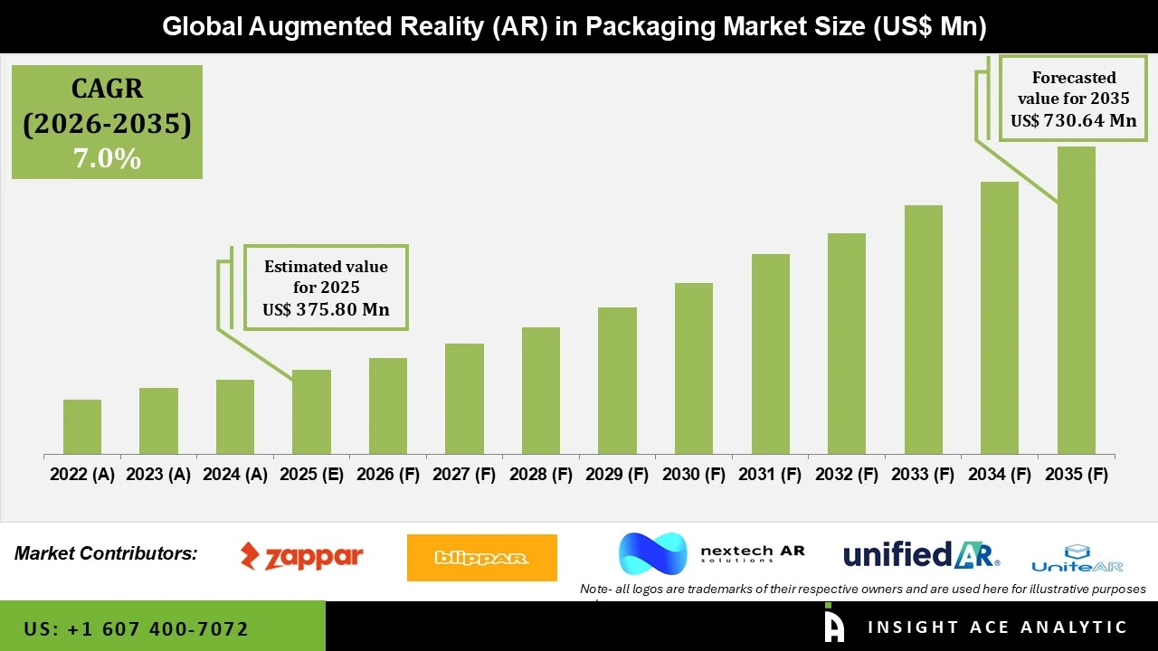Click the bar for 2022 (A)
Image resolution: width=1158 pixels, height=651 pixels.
82,427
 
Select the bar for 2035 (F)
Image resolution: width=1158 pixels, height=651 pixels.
1076,300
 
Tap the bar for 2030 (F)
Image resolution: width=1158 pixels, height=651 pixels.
694,368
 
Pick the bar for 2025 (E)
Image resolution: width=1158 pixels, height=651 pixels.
311,411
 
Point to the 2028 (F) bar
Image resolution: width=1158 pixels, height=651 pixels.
541,391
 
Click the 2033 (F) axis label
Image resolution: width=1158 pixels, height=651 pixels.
923,475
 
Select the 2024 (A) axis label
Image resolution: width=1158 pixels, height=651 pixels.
235,475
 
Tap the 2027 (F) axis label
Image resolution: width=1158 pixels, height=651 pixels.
464,475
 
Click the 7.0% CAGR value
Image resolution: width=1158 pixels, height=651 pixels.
107,158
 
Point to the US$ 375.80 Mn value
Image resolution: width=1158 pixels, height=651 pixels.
326,310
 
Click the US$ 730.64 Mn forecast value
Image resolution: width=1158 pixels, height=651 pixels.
1073,121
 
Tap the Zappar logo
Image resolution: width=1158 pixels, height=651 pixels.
301,556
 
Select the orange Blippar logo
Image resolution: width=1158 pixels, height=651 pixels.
481,558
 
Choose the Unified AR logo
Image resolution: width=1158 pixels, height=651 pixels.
921,554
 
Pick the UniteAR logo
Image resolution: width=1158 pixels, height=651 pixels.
1077,559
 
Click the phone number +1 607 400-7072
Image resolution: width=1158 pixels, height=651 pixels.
136,628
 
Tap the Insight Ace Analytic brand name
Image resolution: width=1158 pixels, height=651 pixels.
997,627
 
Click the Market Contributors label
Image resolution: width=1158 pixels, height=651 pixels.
106,553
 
